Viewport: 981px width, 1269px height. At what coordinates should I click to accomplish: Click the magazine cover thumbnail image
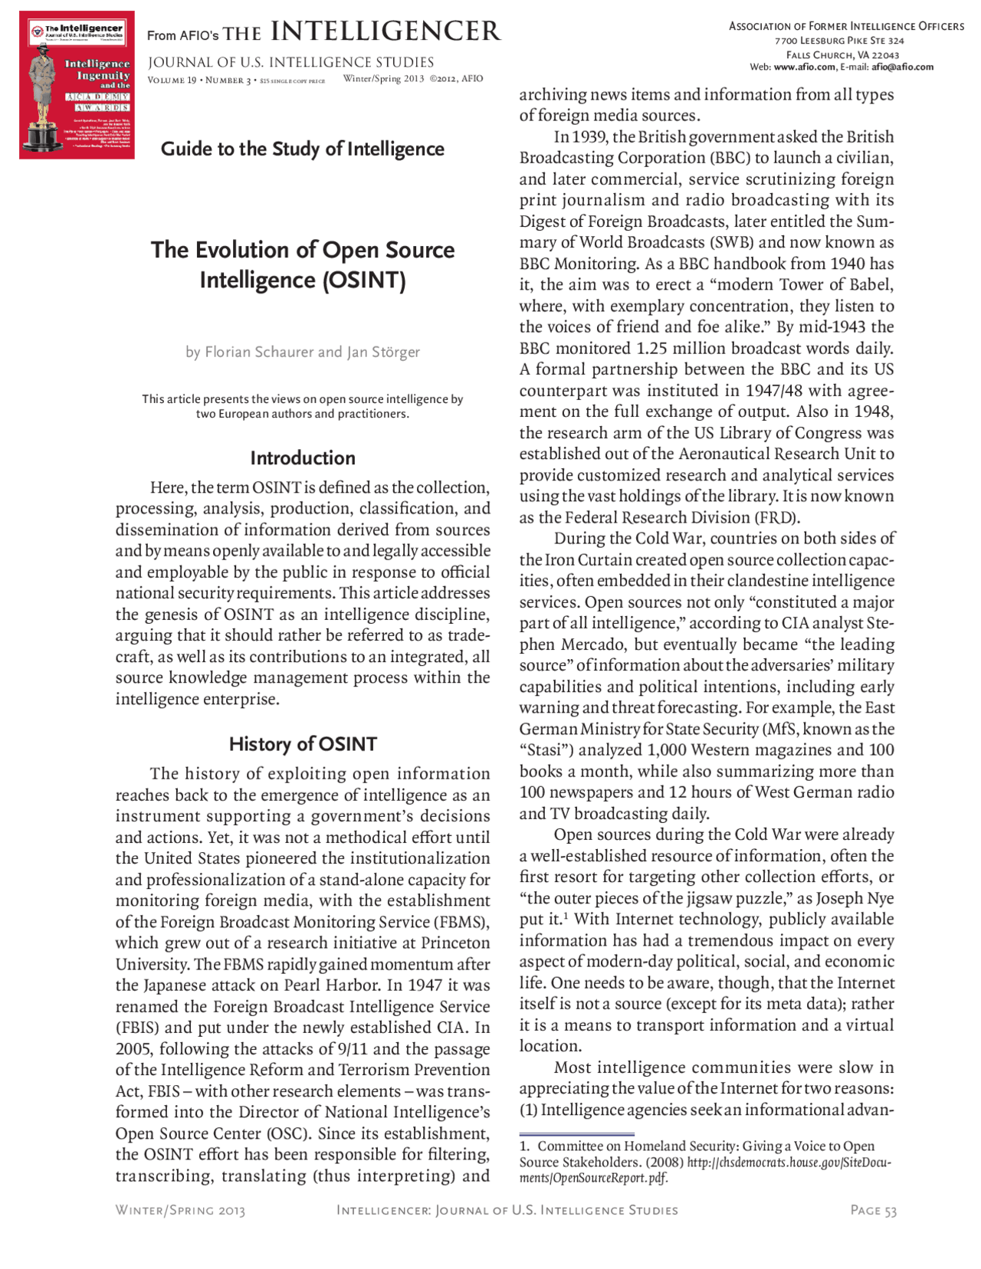click(x=77, y=85)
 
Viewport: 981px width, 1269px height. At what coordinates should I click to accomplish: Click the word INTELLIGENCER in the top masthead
click(x=385, y=31)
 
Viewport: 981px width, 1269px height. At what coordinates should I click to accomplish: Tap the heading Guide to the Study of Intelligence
click(x=302, y=149)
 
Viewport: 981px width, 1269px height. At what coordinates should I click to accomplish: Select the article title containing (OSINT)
click(x=302, y=264)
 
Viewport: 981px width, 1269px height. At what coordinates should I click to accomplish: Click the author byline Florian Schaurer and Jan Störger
click(x=302, y=352)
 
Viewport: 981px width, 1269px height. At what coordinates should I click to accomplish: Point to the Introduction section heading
click(x=302, y=458)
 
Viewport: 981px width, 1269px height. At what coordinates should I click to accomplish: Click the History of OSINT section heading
click(x=302, y=744)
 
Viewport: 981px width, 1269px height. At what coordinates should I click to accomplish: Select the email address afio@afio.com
click(x=902, y=67)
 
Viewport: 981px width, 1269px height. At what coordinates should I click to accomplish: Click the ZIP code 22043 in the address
click(x=884, y=55)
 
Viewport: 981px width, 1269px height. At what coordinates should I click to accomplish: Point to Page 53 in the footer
click(x=873, y=1210)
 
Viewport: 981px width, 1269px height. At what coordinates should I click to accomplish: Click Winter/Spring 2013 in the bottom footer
click(x=180, y=1210)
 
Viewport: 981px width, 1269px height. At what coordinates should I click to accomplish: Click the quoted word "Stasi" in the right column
click(x=547, y=750)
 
